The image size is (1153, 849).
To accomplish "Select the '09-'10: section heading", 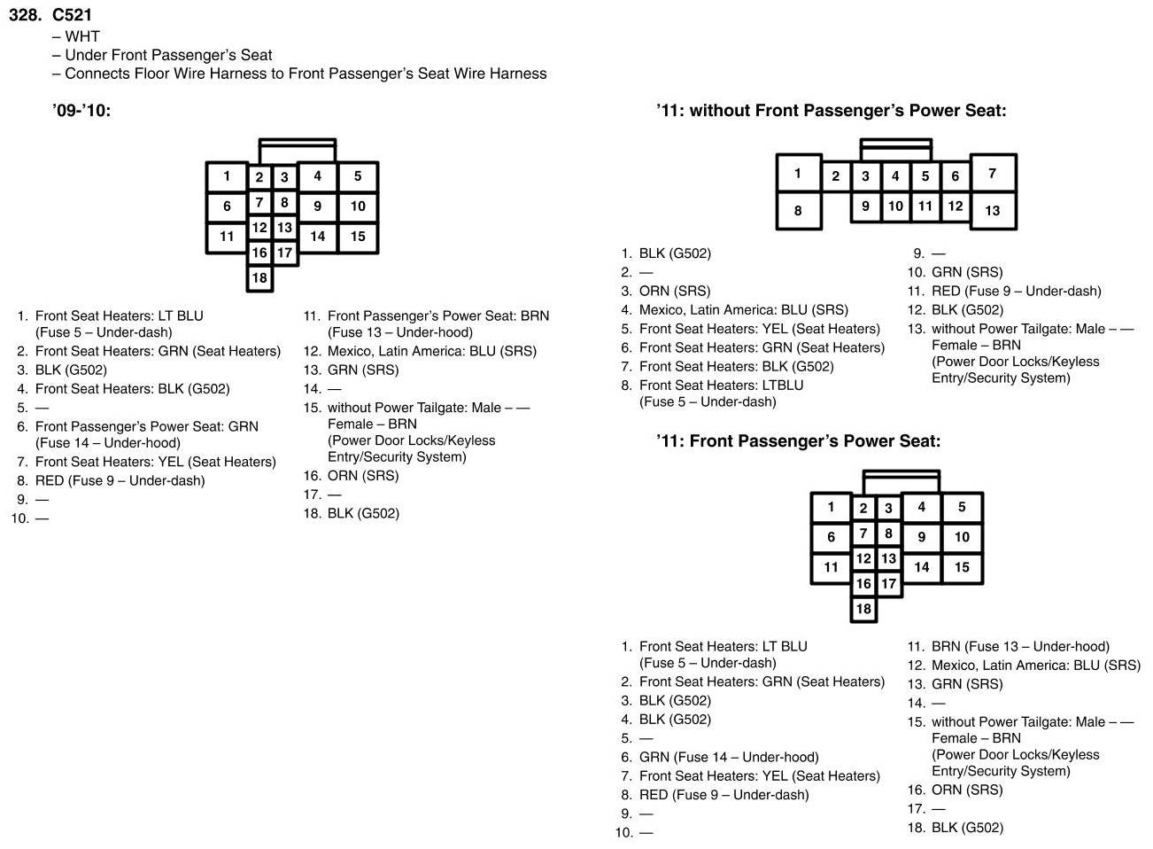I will click(x=81, y=111).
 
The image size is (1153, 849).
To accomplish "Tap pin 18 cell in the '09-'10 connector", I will click(x=259, y=278).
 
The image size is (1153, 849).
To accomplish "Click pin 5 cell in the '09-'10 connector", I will click(x=358, y=176).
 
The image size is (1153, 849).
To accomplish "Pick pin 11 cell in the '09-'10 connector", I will click(x=227, y=237).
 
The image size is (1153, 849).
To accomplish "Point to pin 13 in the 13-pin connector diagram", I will click(x=992, y=211).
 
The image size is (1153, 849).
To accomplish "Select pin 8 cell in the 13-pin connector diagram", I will click(x=798, y=211).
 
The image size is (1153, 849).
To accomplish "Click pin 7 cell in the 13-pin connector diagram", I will click(x=992, y=174).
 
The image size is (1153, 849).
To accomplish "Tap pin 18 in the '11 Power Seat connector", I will click(x=863, y=609).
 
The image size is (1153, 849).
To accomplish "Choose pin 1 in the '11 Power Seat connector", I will click(x=831, y=508).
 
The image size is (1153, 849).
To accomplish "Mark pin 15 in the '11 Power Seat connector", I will click(x=962, y=567).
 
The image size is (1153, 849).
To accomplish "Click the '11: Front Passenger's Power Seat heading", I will click(x=798, y=441).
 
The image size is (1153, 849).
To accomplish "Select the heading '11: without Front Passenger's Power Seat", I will click(x=831, y=111).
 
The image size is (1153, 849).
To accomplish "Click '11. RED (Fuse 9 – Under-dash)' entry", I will click(x=1004, y=291).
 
